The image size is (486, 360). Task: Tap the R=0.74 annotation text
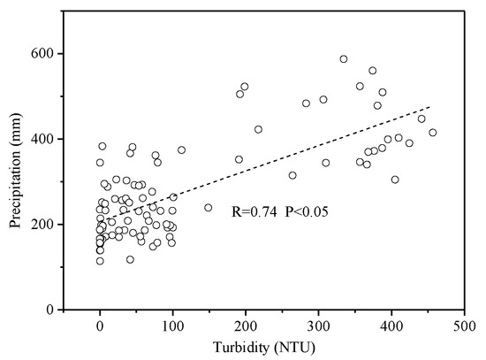(x=258, y=213)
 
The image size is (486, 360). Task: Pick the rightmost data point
(x=433, y=133)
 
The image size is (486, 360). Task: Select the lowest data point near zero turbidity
(x=100, y=261)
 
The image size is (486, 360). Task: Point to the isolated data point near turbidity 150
(x=209, y=208)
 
